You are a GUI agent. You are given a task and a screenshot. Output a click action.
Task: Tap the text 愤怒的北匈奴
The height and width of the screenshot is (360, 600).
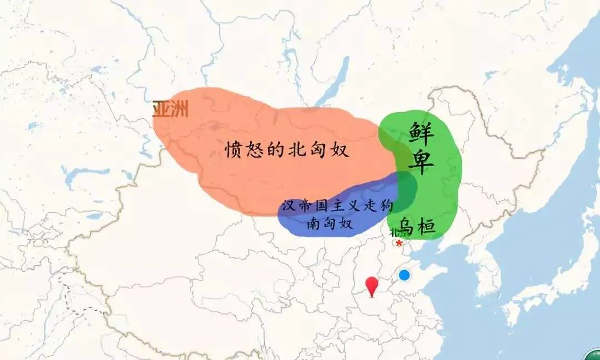tap(289, 149)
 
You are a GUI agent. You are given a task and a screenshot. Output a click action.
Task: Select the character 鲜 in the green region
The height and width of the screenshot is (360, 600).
tap(423, 132)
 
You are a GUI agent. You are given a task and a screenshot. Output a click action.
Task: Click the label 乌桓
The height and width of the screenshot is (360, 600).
tap(417, 224)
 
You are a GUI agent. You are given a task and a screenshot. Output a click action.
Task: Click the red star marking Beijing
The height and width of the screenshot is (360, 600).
tap(399, 242)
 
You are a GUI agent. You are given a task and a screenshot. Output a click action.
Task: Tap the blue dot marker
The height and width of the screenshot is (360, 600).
tap(404, 274)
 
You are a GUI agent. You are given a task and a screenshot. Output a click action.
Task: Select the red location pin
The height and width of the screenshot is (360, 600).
tap(372, 286)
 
